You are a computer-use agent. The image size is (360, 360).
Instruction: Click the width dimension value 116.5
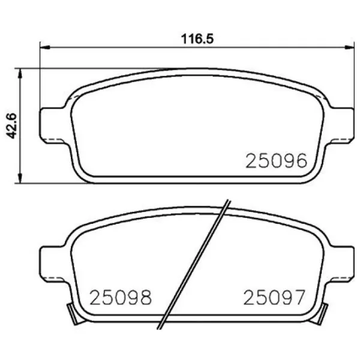point(197,39)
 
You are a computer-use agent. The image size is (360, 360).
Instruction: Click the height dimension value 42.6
point(11,125)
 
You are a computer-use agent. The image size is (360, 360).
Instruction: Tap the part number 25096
point(276,161)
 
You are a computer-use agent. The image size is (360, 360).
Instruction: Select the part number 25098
point(121,298)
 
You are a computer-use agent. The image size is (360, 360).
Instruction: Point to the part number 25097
point(274,297)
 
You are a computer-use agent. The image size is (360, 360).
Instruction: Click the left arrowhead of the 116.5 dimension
point(45,47)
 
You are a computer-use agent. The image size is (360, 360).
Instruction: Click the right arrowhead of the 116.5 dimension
point(349,47)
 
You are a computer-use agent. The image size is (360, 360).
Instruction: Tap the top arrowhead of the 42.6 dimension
point(20,73)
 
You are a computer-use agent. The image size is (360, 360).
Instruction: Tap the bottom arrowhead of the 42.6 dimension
point(20,178)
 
